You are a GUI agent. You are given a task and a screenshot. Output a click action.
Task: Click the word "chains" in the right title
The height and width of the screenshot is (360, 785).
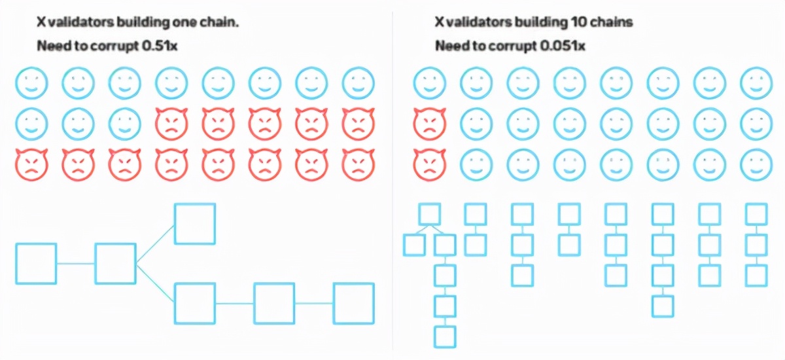tap(614, 22)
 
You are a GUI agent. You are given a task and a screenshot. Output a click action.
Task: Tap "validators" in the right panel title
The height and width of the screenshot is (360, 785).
tap(476, 22)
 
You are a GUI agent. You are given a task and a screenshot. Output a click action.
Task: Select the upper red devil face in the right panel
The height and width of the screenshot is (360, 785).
tap(429, 121)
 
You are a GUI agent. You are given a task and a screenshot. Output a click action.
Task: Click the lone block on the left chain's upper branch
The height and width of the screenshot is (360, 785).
tap(194, 223)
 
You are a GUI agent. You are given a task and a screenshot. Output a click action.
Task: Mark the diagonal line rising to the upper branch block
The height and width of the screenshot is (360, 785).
tap(155, 243)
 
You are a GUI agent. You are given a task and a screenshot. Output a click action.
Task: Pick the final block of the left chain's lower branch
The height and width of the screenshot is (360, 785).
tap(354, 303)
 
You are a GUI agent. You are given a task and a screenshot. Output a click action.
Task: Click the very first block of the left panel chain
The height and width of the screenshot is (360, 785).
tap(35, 264)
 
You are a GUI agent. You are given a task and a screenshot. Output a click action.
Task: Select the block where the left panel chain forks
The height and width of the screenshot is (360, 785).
tap(115, 264)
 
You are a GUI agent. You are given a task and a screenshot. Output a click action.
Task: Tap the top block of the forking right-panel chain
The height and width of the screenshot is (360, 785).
tap(429, 213)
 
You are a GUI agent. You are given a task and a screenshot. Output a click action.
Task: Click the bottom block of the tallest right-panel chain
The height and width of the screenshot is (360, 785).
tap(445, 336)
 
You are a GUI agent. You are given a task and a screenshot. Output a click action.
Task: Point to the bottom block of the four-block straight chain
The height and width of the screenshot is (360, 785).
tap(663, 306)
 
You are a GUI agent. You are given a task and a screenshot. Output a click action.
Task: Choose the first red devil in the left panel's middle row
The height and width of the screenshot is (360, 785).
tap(171, 121)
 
